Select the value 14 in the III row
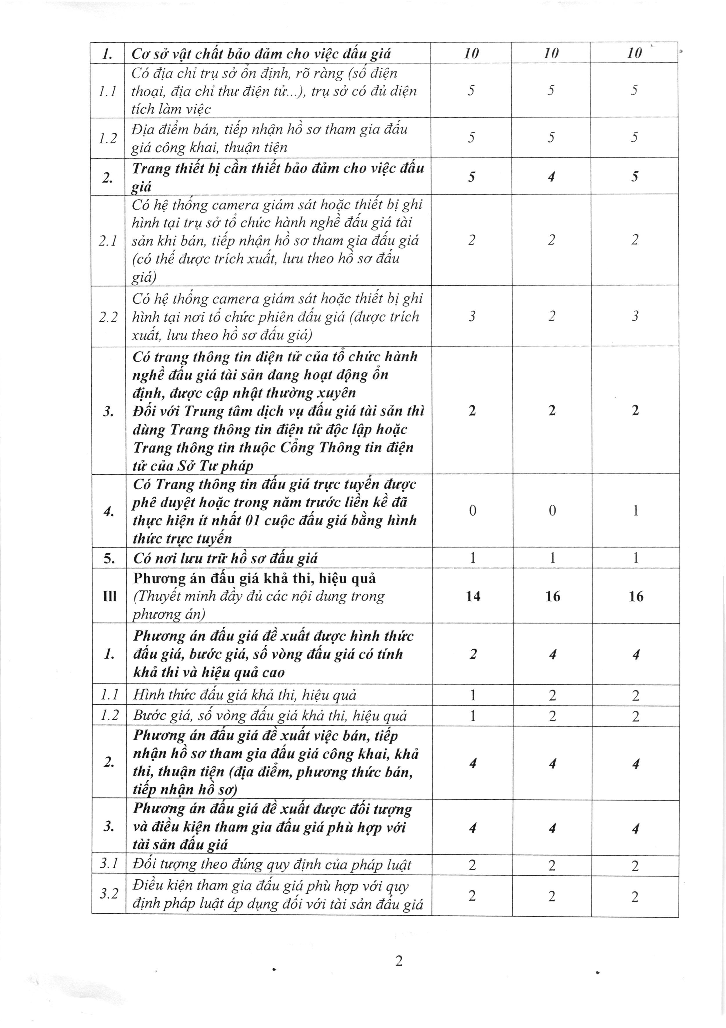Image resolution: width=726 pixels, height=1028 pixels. pos(473,596)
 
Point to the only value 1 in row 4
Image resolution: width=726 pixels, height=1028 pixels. pos(635,511)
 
